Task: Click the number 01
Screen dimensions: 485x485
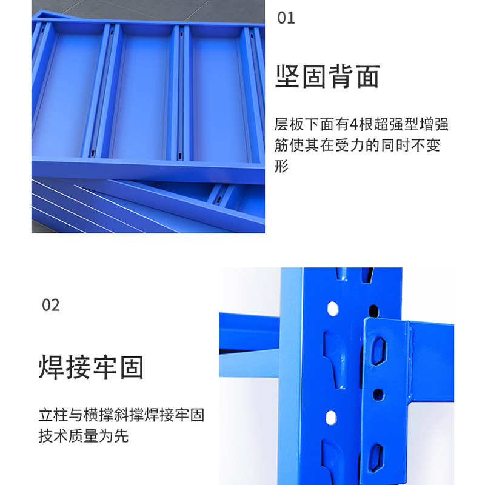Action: click(x=286, y=18)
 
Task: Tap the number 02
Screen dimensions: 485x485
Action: click(x=50, y=304)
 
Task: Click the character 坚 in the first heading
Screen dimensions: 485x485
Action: click(x=289, y=77)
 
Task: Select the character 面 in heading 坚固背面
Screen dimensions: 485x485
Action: click(x=367, y=77)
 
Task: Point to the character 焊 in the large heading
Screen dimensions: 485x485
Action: click(x=52, y=367)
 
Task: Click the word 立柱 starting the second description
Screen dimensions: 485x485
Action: click(x=53, y=416)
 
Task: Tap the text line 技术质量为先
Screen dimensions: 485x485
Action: click(x=83, y=436)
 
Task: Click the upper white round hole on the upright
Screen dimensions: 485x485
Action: click(x=332, y=308)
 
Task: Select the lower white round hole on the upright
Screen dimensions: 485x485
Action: click(x=331, y=417)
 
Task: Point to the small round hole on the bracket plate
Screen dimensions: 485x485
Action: click(x=378, y=395)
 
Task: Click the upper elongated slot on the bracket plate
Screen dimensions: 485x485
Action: click(x=378, y=350)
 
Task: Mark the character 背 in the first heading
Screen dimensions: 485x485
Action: click(x=341, y=77)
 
